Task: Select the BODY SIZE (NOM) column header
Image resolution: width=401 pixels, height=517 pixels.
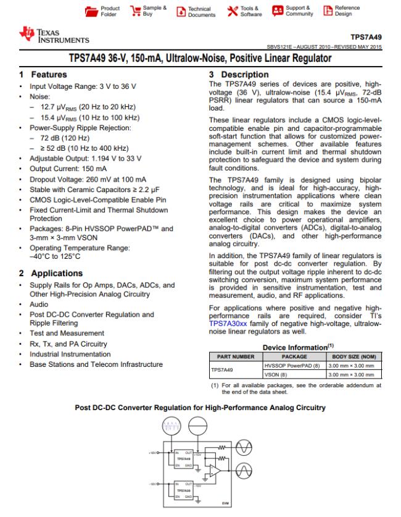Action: (352, 356)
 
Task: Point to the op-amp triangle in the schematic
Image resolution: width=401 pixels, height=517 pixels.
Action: (213, 470)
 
